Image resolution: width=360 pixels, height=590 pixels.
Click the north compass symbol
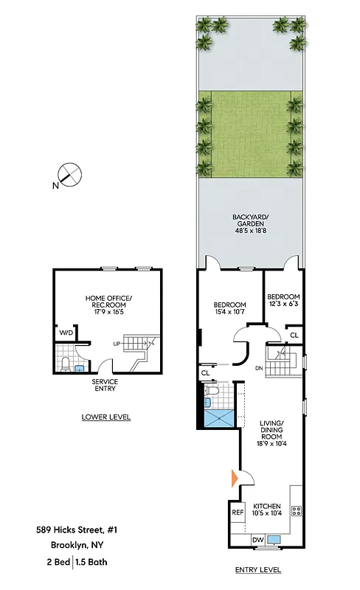tap(70, 175)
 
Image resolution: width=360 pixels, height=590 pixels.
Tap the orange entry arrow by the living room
tap(235, 478)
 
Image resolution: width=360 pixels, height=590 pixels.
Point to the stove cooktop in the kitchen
tap(296, 510)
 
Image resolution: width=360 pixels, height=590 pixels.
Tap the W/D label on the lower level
tap(66, 333)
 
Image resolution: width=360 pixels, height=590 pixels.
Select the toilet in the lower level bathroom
tap(66, 364)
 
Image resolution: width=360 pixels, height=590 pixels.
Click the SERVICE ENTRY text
tap(105, 386)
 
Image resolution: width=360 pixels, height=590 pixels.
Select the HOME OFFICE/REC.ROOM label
tap(108, 302)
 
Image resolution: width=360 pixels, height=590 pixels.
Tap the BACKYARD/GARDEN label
tap(248, 222)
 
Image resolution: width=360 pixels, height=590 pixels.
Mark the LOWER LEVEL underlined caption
tap(105, 417)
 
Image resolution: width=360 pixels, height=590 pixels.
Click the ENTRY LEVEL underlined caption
tap(257, 570)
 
